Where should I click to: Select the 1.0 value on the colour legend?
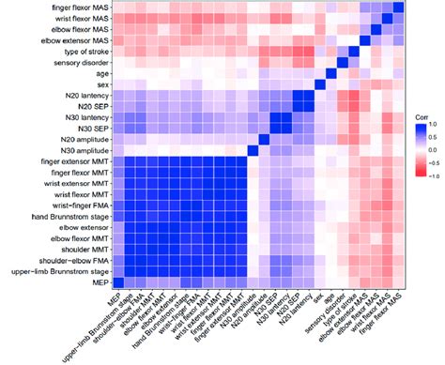pyautogui.click(x=432, y=121)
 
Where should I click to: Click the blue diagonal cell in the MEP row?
pyautogui.click(x=117, y=282)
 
